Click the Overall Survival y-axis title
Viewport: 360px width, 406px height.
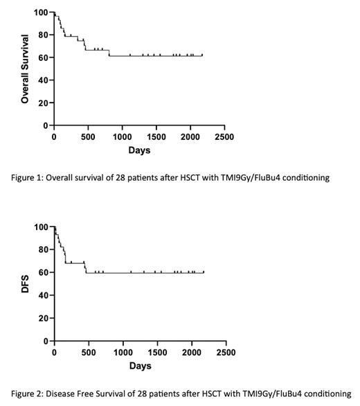point(25,69)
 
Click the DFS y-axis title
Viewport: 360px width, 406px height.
point(25,284)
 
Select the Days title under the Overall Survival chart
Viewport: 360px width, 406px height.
point(138,150)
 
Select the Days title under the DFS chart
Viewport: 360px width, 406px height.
point(139,365)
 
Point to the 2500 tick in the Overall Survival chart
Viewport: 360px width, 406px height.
point(223,137)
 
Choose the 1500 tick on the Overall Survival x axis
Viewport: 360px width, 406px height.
point(156,137)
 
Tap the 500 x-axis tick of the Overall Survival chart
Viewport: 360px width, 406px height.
point(88,137)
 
